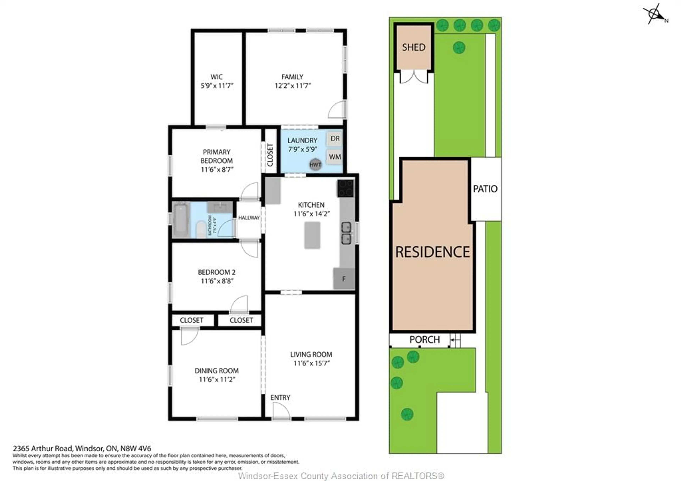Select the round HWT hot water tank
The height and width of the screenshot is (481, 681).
pyautogui.click(x=315, y=164)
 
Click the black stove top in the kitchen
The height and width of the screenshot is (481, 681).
pyautogui.click(x=345, y=188)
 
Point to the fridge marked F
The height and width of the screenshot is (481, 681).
pyautogui.click(x=344, y=279)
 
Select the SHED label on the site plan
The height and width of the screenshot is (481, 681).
pyautogui.click(x=414, y=47)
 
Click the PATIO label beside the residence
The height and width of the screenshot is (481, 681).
pyautogui.click(x=485, y=189)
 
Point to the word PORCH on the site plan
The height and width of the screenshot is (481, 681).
pyautogui.click(x=425, y=339)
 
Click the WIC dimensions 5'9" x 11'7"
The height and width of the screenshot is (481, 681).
pyautogui.click(x=217, y=86)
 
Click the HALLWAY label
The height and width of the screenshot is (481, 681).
pyautogui.click(x=249, y=218)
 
